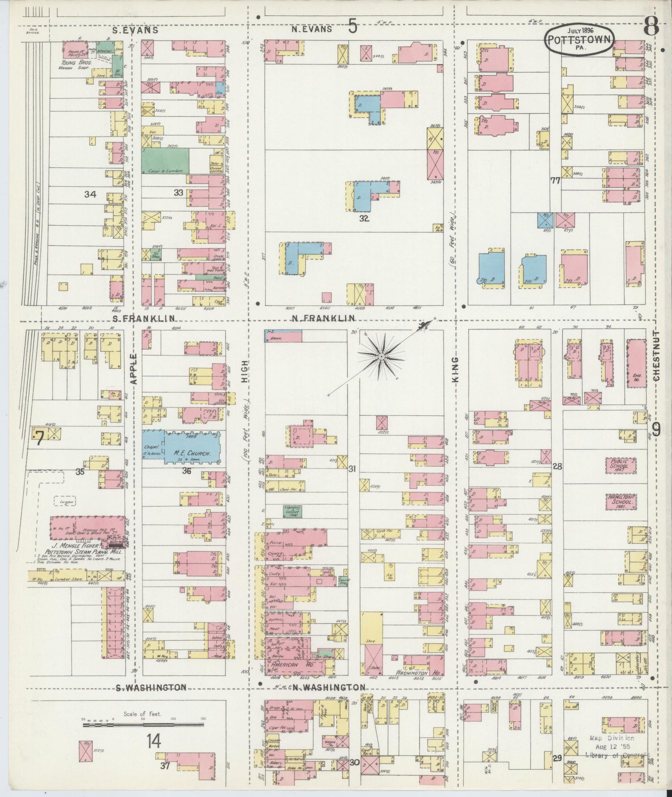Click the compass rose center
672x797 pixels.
(x=381, y=357)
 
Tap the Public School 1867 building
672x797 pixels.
(x=621, y=465)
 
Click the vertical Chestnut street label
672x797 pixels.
(x=657, y=356)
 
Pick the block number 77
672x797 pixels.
(x=555, y=181)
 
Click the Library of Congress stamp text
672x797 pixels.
(x=617, y=755)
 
